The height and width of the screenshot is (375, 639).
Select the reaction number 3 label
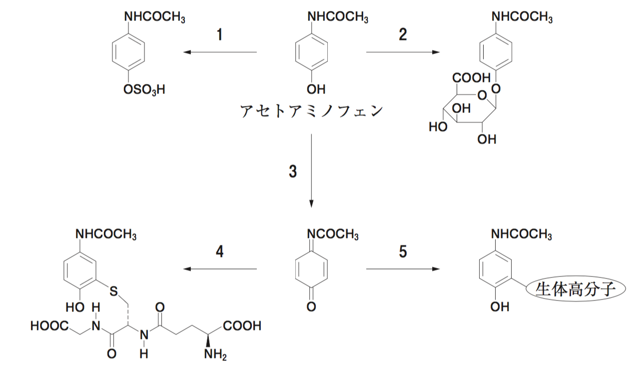click(x=293, y=171)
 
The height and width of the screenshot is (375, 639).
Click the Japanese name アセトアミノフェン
click(x=311, y=110)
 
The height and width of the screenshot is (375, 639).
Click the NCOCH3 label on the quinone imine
click(x=333, y=234)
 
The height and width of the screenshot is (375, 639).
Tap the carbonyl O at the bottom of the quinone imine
click(x=311, y=306)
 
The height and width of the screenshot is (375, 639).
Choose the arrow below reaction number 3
click(x=311, y=170)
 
